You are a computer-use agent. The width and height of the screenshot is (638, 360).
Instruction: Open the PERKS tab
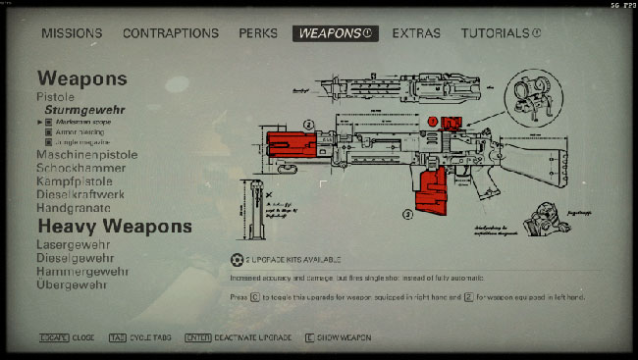click(258, 33)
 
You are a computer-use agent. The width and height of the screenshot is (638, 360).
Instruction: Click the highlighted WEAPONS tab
click(335, 33)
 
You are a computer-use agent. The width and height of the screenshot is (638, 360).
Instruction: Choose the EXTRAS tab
click(416, 33)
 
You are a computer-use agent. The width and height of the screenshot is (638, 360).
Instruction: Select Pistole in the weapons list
click(56, 97)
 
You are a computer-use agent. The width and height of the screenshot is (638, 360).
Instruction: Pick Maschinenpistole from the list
click(85, 155)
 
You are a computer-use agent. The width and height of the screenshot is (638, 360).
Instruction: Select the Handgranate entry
click(73, 208)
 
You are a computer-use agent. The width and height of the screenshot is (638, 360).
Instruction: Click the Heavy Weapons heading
click(114, 227)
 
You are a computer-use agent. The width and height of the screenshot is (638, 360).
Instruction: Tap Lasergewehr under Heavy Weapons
click(74, 244)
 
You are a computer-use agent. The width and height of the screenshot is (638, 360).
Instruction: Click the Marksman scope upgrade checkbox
click(48, 123)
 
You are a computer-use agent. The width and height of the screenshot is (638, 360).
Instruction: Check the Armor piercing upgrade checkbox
click(48, 132)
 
